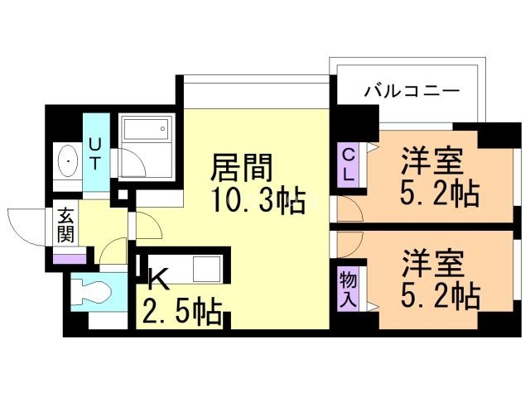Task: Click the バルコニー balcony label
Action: (x=412, y=90)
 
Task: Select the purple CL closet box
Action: (x=349, y=164)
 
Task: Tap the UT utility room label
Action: (x=94, y=153)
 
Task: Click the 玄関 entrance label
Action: (x=66, y=226)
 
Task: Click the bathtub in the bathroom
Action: (x=146, y=131)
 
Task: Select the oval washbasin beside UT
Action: (x=66, y=161)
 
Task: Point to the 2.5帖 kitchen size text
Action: (x=183, y=313)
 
